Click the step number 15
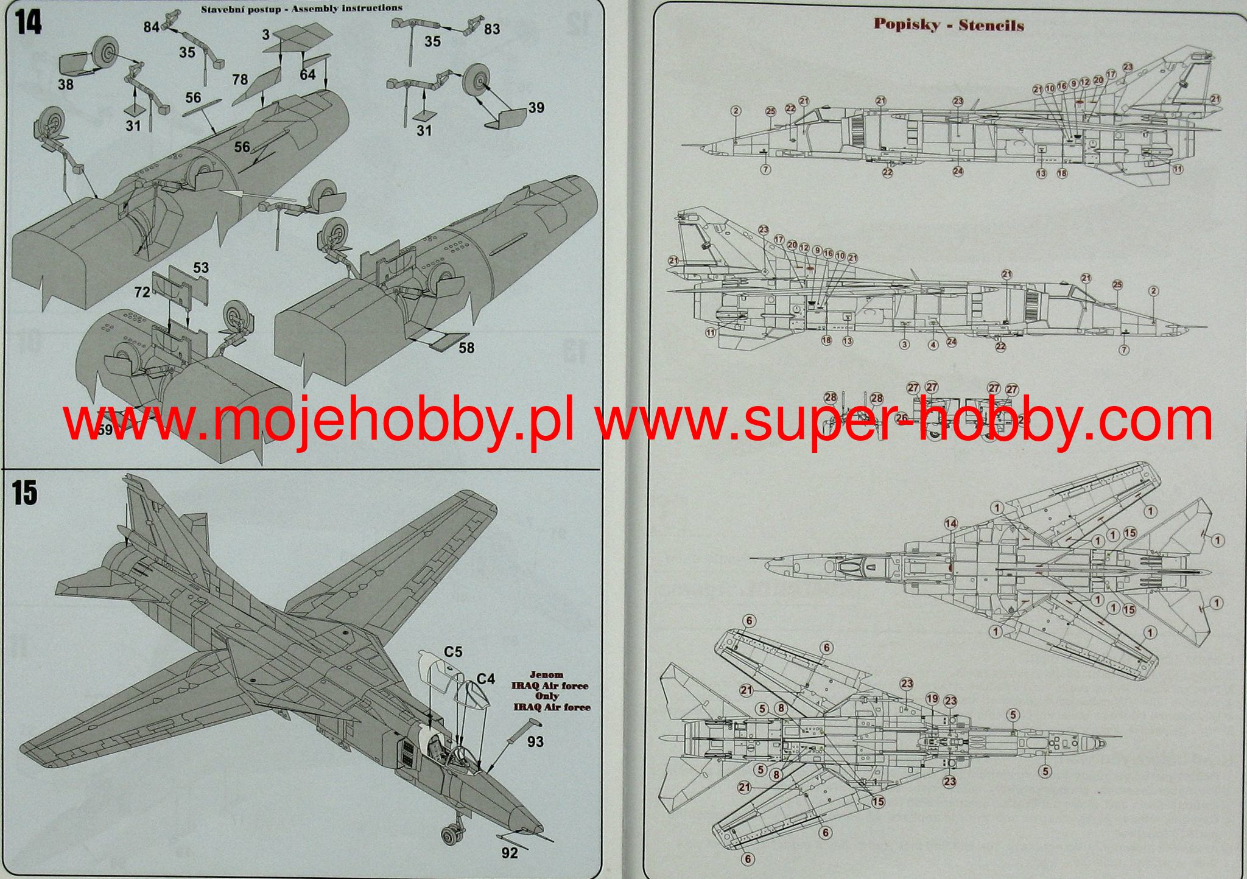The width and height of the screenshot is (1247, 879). tap(25, 492)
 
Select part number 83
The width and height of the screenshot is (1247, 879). tap(491, 29)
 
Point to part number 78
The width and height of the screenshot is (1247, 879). tap(240, 80)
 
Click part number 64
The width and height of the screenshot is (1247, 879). tap(307, 74)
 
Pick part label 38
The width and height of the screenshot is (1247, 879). tap(66, 84)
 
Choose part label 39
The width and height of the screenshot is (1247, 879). tap(536, 108)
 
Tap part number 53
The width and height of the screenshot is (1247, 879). tap(201, 268)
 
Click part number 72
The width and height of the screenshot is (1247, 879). tap(142, 292)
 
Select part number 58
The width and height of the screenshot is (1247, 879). tap(467, 348)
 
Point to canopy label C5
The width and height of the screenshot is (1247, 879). tap(452, 652)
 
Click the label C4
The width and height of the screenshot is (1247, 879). tap(485, 678)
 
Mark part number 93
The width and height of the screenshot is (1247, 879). tap(536, 742)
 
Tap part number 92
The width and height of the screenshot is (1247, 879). tap(510, 853)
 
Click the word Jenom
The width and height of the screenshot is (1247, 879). tap(546, 675)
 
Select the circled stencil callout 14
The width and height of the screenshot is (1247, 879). tap(950, 524)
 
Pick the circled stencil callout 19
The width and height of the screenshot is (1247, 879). tap(932, 699)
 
